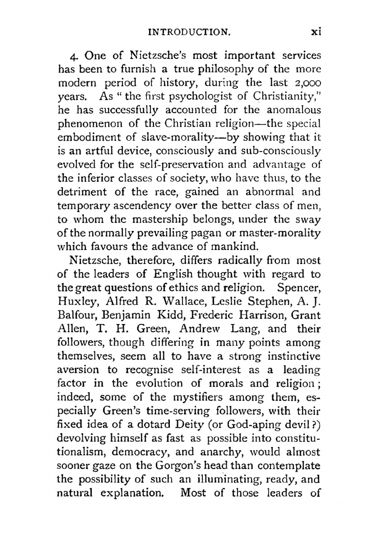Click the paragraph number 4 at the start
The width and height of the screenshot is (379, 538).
(74, 56)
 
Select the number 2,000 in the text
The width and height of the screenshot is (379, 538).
(307, 83)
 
